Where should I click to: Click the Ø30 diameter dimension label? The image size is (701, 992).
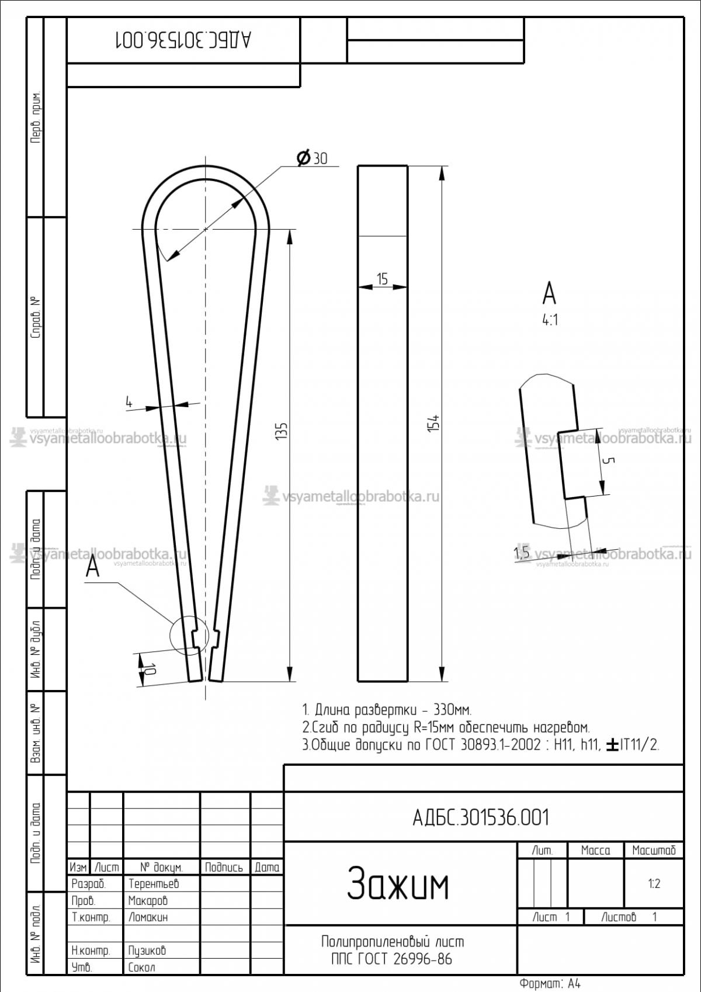click(312, 158)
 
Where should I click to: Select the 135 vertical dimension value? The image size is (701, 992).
click(281, 431)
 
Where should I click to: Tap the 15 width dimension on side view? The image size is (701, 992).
click(382, 279)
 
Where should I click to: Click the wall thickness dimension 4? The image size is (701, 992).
click(129, 402)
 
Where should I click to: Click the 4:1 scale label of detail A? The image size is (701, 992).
click(550, 320)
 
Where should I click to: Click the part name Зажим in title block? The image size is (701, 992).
click(398, 884)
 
